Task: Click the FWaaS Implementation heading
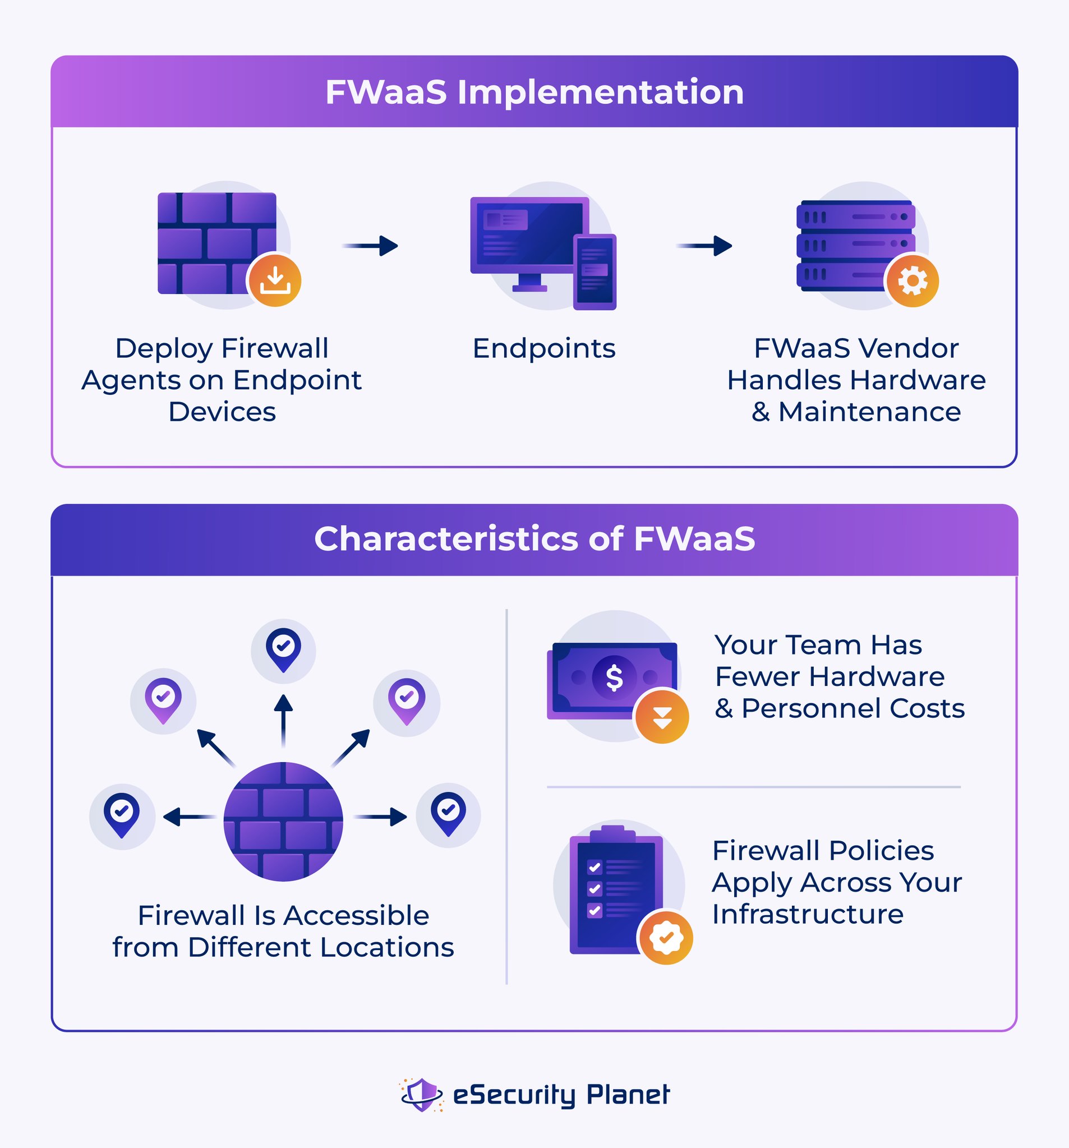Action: click(534, 93)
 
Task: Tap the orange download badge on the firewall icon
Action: click(275, 280)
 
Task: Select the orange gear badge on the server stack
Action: click(913, 280)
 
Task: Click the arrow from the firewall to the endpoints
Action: click(371, 246)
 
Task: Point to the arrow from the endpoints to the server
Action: click(704, 246)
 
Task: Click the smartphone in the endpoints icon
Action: click(595, 271)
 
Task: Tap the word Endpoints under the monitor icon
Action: click(544, 349)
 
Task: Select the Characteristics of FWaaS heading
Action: click(534, 539)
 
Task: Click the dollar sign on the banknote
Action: click(614, 677)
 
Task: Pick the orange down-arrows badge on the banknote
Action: click(662, 717)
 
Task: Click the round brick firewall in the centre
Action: click(283, 822)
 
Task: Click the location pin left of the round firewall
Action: click(122, 815)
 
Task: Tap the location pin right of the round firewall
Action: click(448, 814)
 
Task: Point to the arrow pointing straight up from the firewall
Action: click(283, 721)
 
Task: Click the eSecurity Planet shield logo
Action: click(422, 1094)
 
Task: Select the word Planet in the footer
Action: click(628, 1094)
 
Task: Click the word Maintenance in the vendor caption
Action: click(869, 412)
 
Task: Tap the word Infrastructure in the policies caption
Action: click(808, 914)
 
